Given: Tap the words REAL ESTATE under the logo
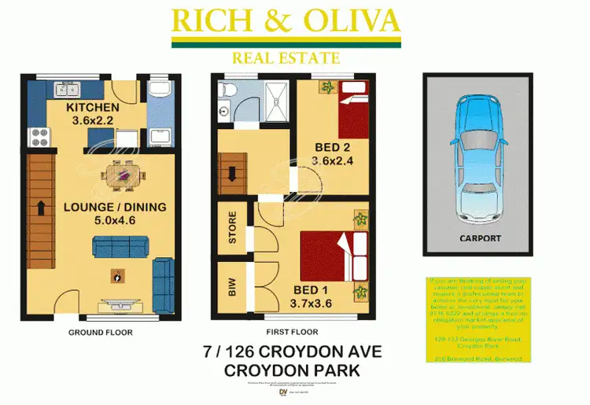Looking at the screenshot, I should click(x=286, y=57).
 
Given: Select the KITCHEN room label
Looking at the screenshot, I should click(x=92, y=108).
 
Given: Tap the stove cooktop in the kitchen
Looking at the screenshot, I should click(x=39, y=140).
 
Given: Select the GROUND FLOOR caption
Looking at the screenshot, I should click(x=100, y=333).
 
